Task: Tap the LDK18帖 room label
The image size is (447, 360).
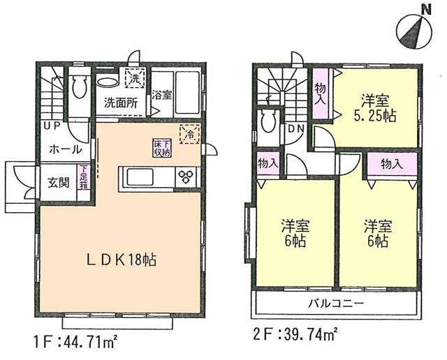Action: click(x=122, y=260)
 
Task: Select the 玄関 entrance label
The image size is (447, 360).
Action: click(x=58, y=184)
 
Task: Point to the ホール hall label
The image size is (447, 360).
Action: click(x=65, y=149)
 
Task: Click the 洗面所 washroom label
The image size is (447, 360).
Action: click(x=120, y=102)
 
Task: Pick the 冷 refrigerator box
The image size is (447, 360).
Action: click(x=188, y=134)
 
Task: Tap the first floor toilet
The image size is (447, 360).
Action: click(x=79, y=87)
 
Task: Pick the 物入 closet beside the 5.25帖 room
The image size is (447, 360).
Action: click(x=320, y=93)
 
